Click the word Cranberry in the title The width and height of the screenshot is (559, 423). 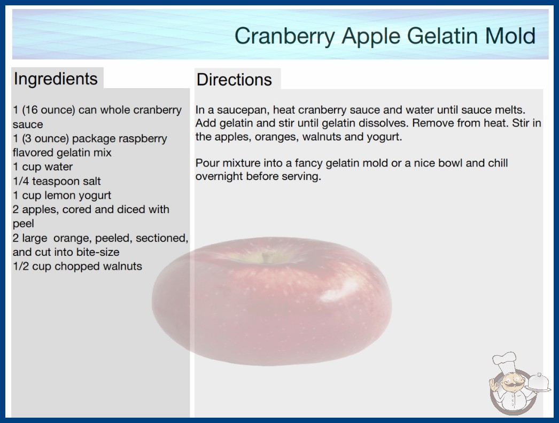(284, 36)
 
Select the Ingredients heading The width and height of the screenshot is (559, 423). (56, 79)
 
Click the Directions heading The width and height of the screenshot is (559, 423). (234, 80)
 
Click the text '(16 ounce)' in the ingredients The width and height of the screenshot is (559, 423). (49, 110)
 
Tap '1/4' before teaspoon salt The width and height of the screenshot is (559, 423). (21, 181)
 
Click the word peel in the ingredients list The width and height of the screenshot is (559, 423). (23, 224)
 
